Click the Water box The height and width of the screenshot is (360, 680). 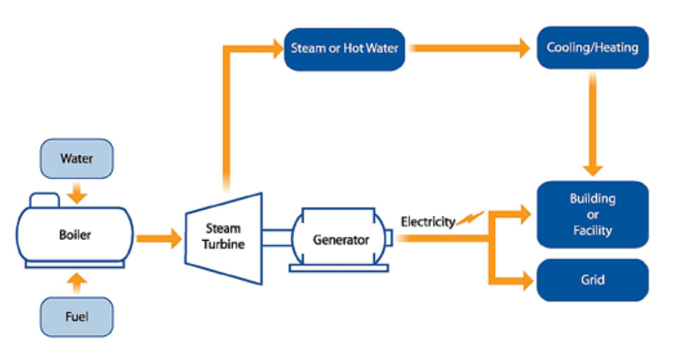pos(76,158)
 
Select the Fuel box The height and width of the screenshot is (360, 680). pos(76,316)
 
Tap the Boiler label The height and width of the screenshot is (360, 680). pos(75,235)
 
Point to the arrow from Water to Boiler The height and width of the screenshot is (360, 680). pos(76,192)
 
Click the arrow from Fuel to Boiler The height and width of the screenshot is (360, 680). pos(76,284)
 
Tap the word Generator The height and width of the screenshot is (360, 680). pos(341,240)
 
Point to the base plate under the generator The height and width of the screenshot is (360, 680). pos(339,268)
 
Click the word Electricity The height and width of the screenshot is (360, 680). pos(428,222)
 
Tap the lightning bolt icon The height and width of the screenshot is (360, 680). pos(470,219)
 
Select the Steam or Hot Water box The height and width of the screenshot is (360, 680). pos(344,49)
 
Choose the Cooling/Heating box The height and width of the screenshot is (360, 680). pos(592,47)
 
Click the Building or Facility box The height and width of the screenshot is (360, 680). pos(592,214)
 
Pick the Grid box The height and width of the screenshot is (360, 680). pos(592,279)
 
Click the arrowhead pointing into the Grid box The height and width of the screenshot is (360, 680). pos(526,280)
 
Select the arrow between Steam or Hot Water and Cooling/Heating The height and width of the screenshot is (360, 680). pos(471,48)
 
